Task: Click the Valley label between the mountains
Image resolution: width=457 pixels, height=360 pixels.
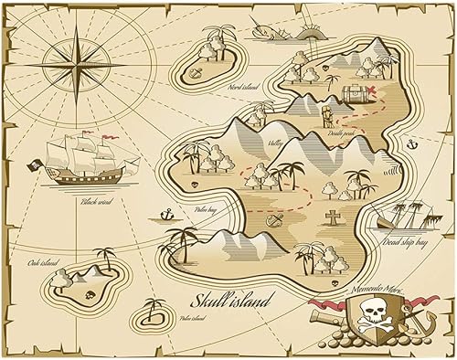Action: tap(274, 143)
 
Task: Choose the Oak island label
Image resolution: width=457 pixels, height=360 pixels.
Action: tap(42, 239)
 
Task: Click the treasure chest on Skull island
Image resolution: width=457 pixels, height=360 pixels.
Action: tap(356, 93)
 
